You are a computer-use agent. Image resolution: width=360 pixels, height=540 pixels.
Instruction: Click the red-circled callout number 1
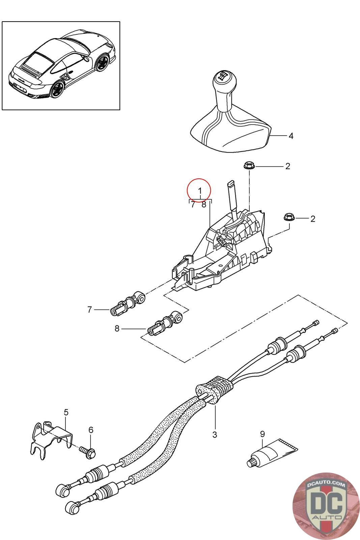199,191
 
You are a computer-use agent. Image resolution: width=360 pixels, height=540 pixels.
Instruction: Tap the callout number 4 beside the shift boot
291,136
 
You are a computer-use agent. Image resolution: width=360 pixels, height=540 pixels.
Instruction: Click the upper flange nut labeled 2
248,166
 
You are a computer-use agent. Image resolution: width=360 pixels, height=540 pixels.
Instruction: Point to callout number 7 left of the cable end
90,309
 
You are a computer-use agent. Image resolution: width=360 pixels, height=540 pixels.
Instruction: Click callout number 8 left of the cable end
117,328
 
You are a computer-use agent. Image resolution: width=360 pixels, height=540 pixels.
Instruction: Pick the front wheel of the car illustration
103,62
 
